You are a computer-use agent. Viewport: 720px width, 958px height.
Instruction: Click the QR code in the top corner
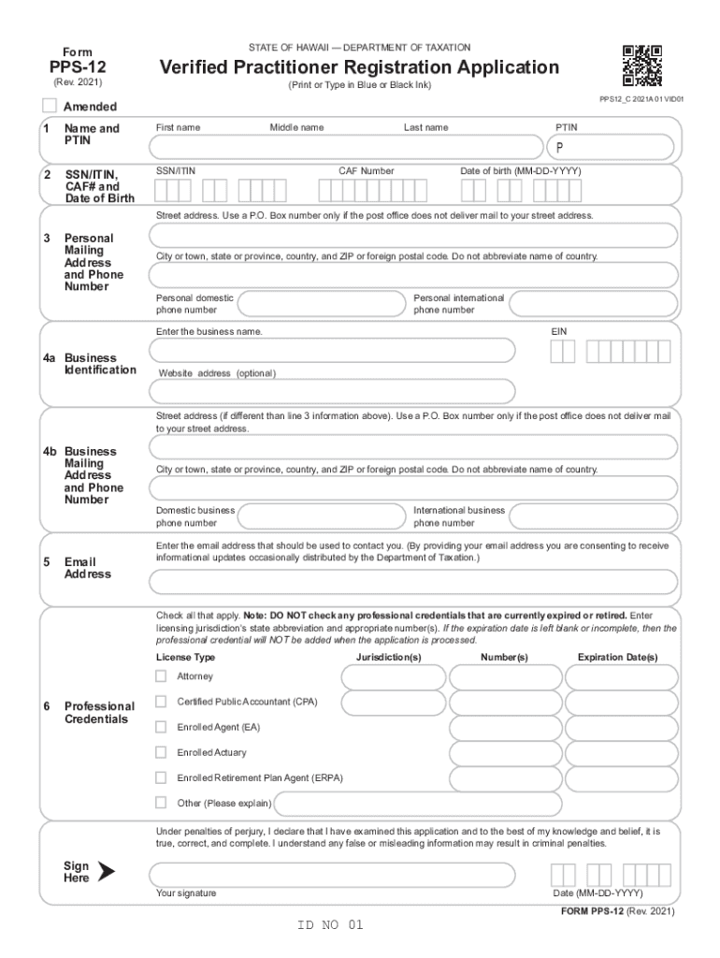pos(641,65)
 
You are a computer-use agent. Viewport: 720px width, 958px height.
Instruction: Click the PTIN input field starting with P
pos(611,148)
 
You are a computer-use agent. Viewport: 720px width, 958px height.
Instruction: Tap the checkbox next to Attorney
pos(161,676)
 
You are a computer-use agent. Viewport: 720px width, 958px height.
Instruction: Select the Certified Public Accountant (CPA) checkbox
pos(161,701)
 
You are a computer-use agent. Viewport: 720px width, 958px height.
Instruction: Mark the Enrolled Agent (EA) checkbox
pos(161,726)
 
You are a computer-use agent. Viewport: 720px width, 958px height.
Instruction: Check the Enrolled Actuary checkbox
pos(161,751)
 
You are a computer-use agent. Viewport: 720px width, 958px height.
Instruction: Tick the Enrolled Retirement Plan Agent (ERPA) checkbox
pos(161,777)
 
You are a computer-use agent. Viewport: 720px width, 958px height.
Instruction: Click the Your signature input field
pos(332,875)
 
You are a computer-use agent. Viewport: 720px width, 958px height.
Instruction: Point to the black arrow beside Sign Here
pos(106,872)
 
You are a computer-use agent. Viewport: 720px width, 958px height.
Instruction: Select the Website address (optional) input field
pos(332,391)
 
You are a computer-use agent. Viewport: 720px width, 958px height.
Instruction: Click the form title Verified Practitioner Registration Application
pos(359,67)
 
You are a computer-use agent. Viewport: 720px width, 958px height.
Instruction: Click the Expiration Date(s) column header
pos(617,658)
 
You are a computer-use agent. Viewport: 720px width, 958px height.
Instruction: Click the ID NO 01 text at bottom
pos(329,925)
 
